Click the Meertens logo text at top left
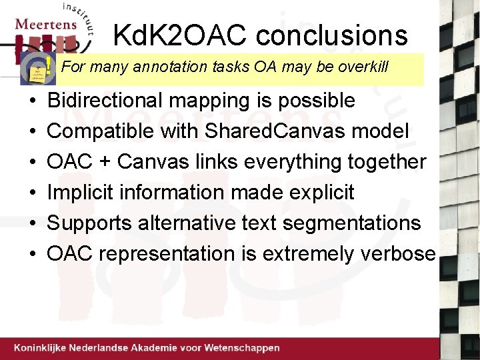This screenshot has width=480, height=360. [x=45, y=24]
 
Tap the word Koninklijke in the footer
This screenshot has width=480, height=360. [x=44, y=348]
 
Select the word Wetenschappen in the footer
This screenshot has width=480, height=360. [x=243, y=348]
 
